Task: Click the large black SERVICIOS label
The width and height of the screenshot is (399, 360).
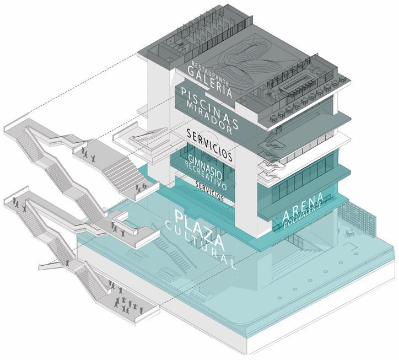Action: point(209,144)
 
